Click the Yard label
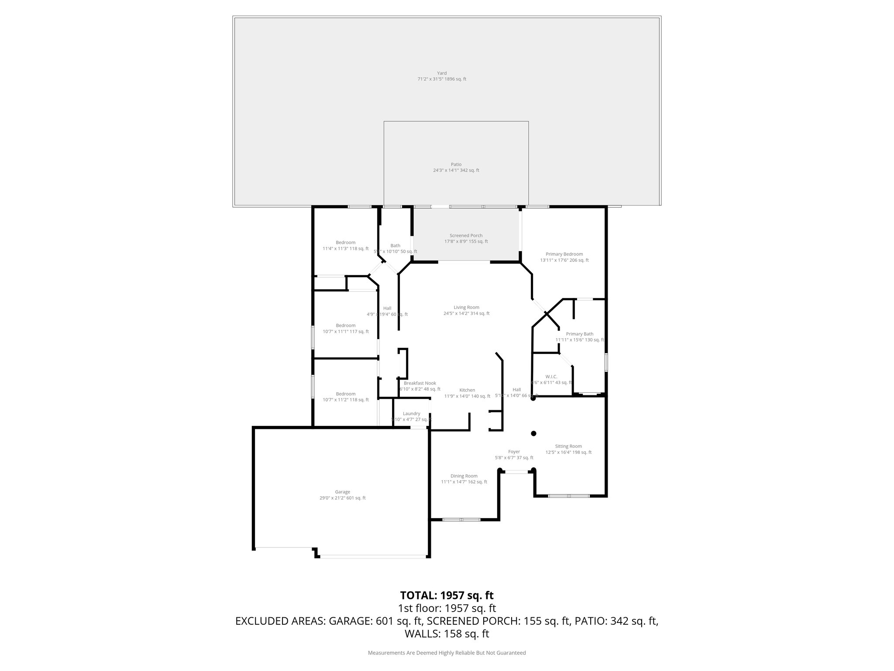(442, 73)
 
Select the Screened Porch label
(466, 235)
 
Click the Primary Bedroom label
(564, 254)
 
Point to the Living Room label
(466, 308)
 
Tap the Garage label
(343, 492)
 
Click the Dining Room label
(464, 476)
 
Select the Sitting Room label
(568, 446)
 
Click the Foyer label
(514, 452)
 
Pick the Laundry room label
(411, 414)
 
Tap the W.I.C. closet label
(551, 377)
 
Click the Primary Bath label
(580, 334)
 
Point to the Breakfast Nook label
(420, 383)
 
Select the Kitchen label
(467, 390)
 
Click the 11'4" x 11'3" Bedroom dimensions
(345, 249)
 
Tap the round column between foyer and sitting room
(533, 433)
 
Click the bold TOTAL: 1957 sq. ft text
(447, 595)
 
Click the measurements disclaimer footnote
(447, 653)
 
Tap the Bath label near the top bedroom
(395, 246)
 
